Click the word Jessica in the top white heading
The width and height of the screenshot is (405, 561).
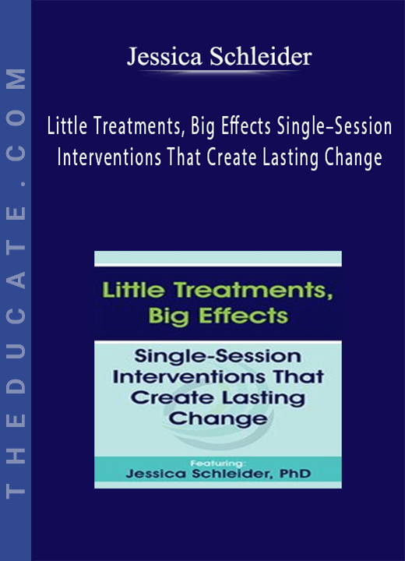164,57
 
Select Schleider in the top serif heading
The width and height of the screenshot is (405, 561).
261,57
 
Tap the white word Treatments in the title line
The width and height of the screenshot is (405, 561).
139,127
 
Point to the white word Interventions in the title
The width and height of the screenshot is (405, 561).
109,157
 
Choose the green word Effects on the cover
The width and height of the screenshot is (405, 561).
243,316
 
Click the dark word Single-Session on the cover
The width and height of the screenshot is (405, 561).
217,356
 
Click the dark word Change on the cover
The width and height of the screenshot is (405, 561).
218,418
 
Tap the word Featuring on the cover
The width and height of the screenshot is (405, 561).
218,464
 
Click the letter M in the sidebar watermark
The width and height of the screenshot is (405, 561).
16,79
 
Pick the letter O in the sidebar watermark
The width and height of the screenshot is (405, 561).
16,118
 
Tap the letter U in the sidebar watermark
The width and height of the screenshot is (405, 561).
16,349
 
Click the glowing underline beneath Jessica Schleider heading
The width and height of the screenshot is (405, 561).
219,72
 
